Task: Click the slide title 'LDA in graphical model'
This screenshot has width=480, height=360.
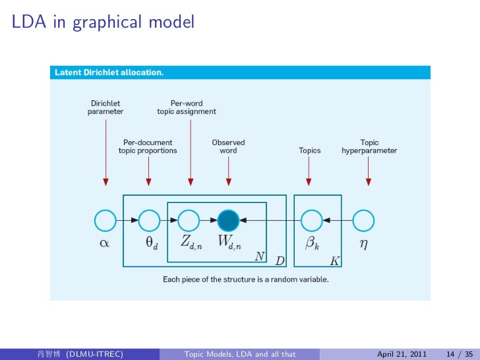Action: (103, 22)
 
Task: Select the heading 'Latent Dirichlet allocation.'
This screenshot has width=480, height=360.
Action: (109, 72)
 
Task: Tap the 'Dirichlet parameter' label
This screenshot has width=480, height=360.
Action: (105, 107)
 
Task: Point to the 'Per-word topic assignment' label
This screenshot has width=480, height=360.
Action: (187, 107)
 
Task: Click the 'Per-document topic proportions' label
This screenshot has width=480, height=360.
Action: (148, 146)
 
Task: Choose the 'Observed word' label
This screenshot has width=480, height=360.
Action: (228, 146)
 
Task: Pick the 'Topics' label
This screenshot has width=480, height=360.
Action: (309, 150)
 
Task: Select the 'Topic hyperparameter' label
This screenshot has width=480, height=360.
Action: (369, 146)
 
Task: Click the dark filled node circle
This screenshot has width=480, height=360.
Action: (228, 219)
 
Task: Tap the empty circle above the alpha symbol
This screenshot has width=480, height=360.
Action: (105, 219)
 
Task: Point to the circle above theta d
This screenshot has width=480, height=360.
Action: (149, 219)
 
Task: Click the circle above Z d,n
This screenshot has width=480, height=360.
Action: (189, 219)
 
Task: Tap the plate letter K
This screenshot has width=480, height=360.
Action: (334, 261)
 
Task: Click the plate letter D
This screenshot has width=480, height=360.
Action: (280, 261)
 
